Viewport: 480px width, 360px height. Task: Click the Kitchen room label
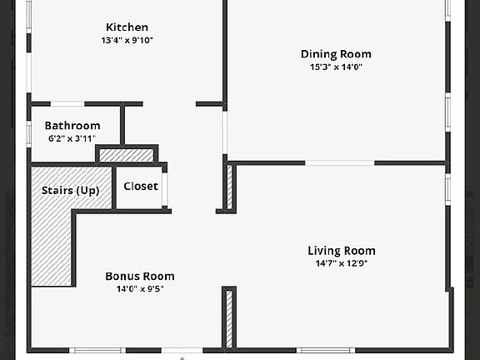coord(127,27)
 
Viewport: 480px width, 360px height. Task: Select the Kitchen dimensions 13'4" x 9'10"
coord(127,40)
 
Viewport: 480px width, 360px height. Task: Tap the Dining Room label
coord(336,54)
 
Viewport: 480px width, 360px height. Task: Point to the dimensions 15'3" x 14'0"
coord(336,67)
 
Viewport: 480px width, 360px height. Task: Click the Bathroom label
coord(72,126)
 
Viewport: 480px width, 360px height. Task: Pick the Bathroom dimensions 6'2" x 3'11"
coord(72,138)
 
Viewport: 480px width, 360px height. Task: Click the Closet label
coord(141,186)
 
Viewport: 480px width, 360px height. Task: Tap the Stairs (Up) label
coord(70,190)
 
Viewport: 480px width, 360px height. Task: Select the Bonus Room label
coord(140,276)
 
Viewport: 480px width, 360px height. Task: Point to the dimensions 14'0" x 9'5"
coord(140,288)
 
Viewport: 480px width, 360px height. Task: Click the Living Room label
coord(342,251)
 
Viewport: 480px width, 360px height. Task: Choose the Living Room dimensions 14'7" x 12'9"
coord(342,263)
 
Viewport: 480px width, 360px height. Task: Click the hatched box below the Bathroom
coord(127,156)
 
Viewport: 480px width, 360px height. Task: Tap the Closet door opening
coord(165,189)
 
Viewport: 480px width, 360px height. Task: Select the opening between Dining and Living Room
coord(340,162)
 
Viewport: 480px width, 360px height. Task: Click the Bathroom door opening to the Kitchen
coord(67,104)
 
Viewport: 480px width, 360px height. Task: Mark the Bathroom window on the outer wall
coord(29,134)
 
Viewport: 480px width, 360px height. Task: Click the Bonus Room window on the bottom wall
coord(97,350)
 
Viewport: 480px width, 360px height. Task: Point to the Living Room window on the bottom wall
coord(326,350)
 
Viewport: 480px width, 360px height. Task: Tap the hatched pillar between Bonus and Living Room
coord(229,319)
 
